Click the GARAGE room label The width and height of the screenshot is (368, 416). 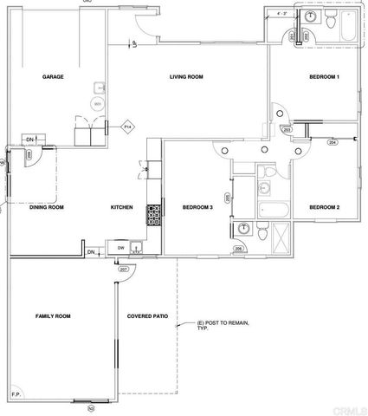point(55,77)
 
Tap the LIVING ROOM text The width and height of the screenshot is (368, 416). point(185,77)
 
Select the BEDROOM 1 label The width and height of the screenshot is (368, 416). point(324,77)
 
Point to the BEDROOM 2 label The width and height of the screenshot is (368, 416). point(324,206)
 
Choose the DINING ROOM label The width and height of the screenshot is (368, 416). point(48,207)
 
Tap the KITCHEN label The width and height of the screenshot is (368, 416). point(120,207)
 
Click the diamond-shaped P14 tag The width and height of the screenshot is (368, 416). point(127,127)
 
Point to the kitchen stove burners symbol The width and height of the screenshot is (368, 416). point(153,213)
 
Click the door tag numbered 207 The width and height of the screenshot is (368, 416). point(123,270)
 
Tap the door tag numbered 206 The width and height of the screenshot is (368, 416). point(238,249)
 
